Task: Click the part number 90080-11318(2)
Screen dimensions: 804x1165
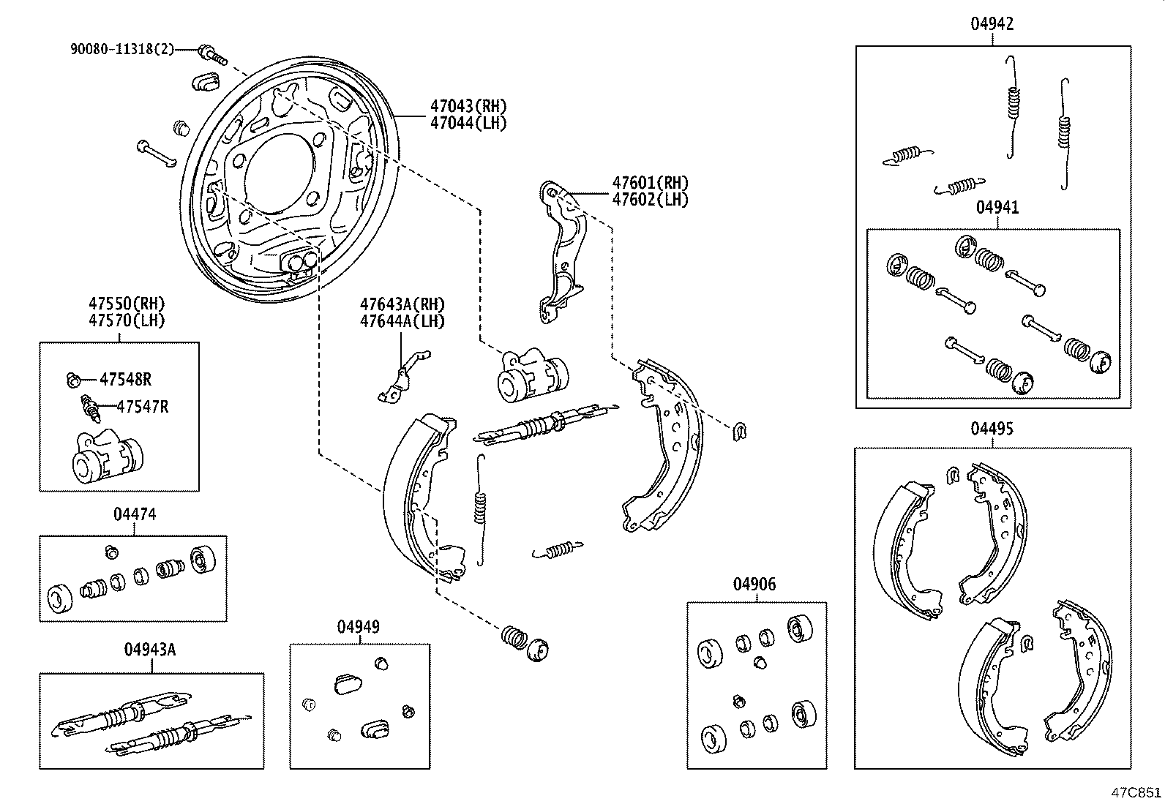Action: pyautogui.click(x=122, y=49)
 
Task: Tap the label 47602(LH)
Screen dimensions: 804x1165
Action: pyautogui.click(x=650, y=199)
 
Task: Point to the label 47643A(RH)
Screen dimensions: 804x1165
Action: pyautogui.click(x=402, y=304)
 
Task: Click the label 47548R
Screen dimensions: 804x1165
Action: pyautogui.click(x=125, y=379)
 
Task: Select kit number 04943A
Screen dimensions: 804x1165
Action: pyautogui.click(x=150, y=650)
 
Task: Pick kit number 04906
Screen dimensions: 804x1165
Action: pyautogui.click(x=754, y=584)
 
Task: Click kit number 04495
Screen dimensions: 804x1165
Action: pyautogui.click(x=992, y=429)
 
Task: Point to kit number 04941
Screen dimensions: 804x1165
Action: pyautogui.click(x=997, y=208)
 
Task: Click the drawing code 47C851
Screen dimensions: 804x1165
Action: pyautogui.click(x=1136, y=792)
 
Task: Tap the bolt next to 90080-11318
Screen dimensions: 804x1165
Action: pyautogui.click(x=213, y=54)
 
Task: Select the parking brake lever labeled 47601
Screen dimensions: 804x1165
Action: pyautogui.click(x=563, y=252)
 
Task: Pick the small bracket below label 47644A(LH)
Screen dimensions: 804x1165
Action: pyautogui.click(x=401, y=377)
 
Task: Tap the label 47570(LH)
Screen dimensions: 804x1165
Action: pyautogui.click(x=127, y=320)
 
